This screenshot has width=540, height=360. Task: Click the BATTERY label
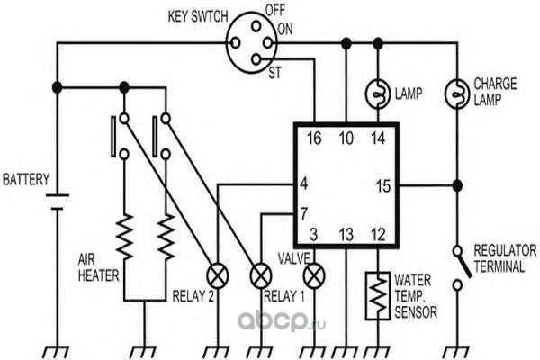tap(26, 180)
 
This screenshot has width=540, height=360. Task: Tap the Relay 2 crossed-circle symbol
tap(217, 276)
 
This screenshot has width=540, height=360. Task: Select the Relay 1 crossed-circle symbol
tap(261, 276)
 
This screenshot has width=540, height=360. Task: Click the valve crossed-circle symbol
tap(314, 276)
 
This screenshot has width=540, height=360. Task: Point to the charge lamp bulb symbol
tap(457, 94)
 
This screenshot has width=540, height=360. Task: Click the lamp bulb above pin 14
tap(378, 94)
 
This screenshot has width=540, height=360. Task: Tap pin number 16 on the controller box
tap(314, 139)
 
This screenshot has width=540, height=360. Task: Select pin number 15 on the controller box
tap(383, 186)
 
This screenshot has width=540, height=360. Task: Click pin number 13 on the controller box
tap(346, 235)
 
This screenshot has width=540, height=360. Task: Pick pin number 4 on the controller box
tap(304, 184)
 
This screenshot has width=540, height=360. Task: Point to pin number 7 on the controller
tap(304, 214)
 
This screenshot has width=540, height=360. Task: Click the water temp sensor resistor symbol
tap(378, 296)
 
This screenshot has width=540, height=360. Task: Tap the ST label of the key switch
tap(274, 74)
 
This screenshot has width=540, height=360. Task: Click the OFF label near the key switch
tap(274, 10)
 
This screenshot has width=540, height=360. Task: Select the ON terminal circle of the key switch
tap(268, 43)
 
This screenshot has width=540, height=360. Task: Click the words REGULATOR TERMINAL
tap(505, 258)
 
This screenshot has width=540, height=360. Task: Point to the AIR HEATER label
tap(98, 267)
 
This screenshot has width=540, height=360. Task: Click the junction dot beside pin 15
tap(457, 185)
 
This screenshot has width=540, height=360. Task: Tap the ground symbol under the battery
tap(57, 353)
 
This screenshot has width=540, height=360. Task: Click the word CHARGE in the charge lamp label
tap(495, 84)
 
